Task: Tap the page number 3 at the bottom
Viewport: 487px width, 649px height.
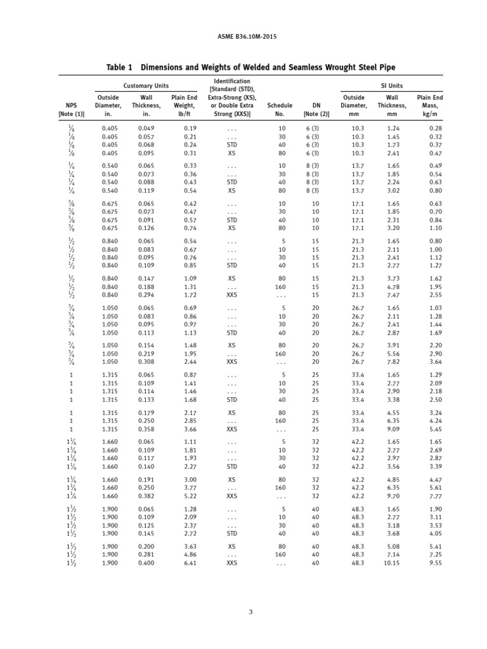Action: coord(243,612)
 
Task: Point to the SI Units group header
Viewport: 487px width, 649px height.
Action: coord(391,86)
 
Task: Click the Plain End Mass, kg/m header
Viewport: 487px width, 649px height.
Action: coord(429,106)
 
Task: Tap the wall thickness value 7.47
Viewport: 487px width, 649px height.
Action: coord(393,295)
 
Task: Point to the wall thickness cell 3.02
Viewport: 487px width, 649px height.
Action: coord(393,190)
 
